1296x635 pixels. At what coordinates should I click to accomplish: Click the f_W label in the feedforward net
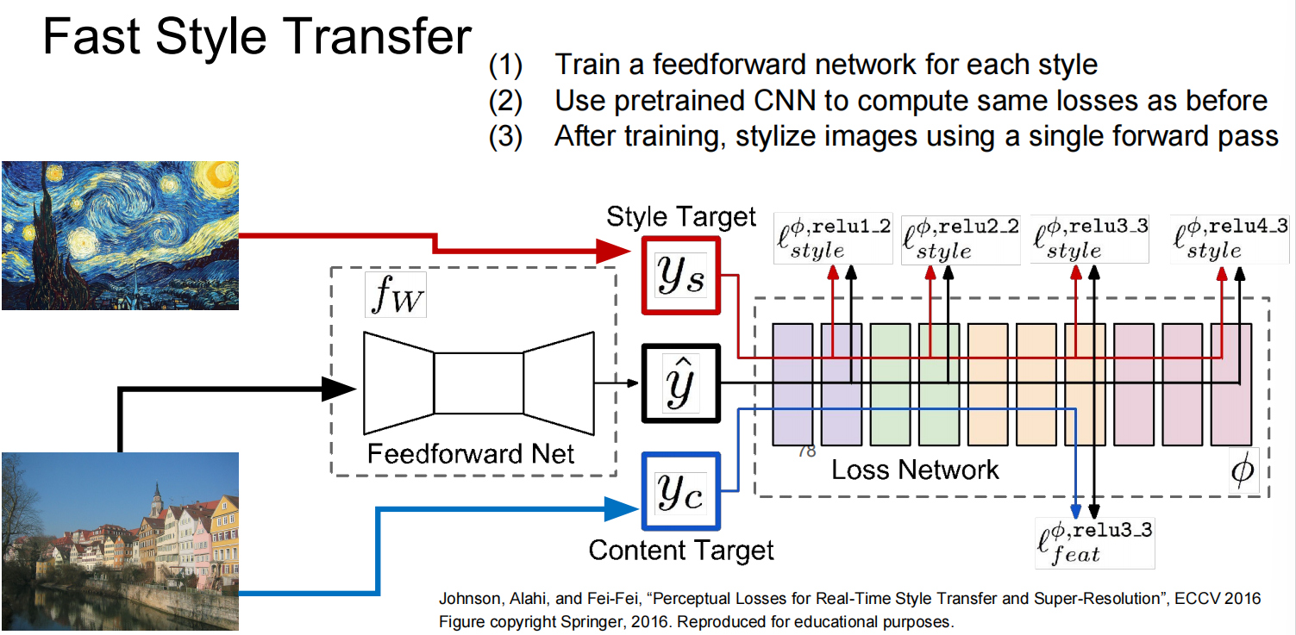(x=396, y=295)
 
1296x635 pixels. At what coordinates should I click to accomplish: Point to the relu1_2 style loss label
(x=833, y=239)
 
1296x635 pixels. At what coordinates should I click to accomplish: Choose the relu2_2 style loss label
(x=961, y=239)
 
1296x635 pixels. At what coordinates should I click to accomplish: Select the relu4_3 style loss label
(x=1230, y=239)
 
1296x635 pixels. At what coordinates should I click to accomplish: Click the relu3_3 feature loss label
(x=1094, y=543)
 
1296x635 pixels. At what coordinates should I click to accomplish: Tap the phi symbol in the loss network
(x=1243, y=470)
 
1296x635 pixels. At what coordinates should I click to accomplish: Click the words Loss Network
(x=915, y=470)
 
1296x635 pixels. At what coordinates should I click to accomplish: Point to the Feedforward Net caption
(x=471, y=454)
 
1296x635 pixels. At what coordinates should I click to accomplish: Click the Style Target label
(x=681, y=217)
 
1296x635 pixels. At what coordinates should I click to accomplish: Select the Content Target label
(x=681, y=551)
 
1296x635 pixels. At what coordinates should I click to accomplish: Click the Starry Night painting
(x=121, y=235)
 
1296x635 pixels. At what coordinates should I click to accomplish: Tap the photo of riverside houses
(x=121, y=541)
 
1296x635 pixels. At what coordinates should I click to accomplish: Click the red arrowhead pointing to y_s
(x=614, y=251)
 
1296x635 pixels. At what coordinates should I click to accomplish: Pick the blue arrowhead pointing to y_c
(x=622, y=509)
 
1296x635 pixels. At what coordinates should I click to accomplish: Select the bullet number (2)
(x=505, y=101)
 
